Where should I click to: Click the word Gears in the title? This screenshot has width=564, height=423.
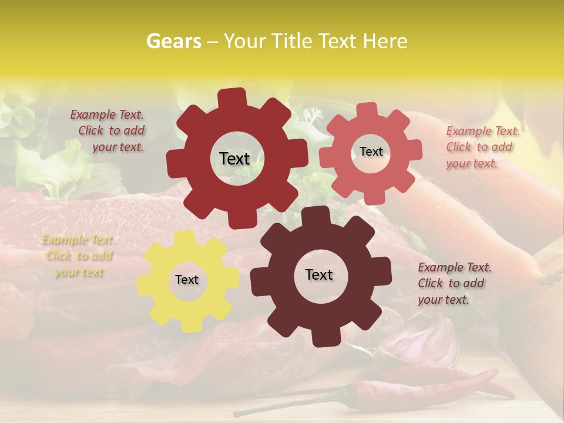174,41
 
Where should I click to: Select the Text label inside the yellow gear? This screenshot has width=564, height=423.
187,280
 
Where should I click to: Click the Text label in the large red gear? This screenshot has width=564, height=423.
234,159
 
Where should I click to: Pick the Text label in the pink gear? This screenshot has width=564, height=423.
371,152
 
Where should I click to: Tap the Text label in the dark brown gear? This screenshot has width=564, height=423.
319,275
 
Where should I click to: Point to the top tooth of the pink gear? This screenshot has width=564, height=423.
368,110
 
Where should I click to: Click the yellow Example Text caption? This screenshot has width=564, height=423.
78,256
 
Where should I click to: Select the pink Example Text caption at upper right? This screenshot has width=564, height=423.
482,147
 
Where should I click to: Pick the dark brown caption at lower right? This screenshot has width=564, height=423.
454,283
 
